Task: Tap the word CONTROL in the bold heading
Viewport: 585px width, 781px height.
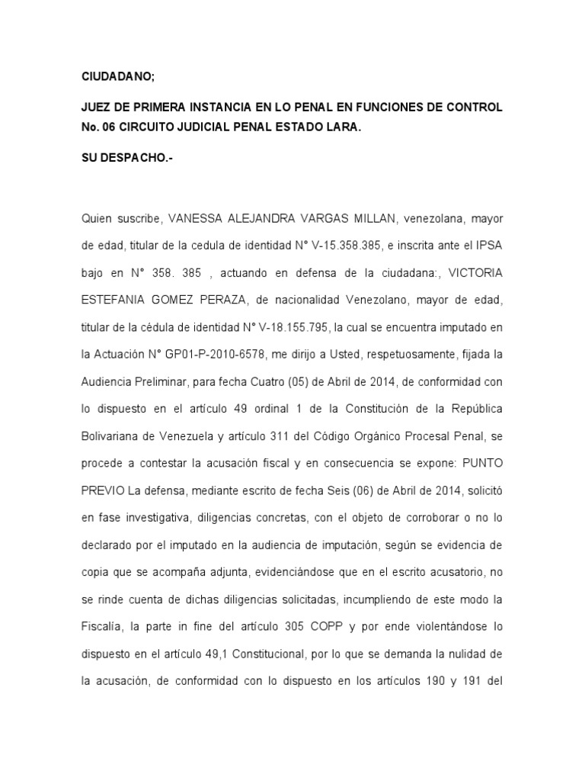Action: [x=472, y=108]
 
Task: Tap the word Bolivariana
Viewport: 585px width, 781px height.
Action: [x=113, y=439]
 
